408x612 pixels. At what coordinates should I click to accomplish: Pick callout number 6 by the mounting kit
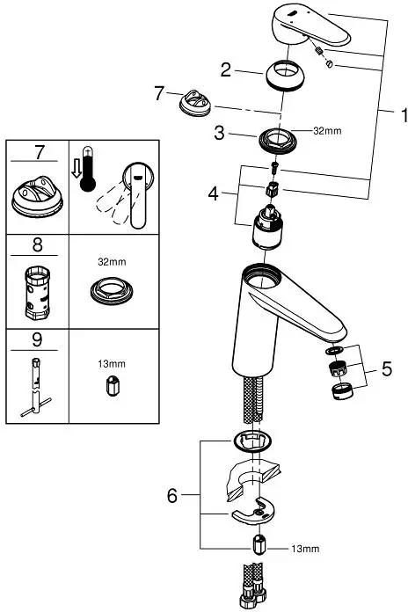pyautogui.click(x=172, y=497)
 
